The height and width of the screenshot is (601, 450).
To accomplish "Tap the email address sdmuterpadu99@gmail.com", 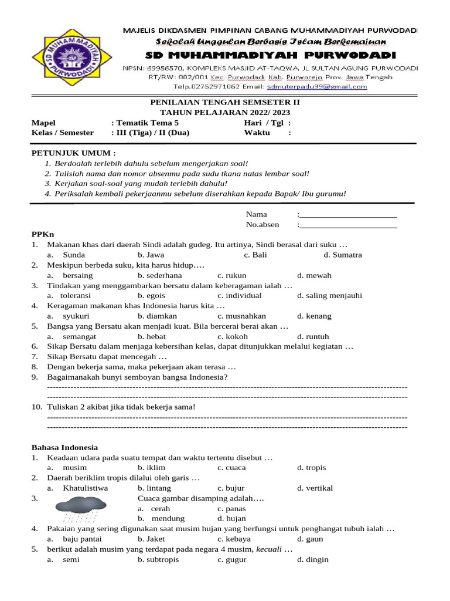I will pos(316,86).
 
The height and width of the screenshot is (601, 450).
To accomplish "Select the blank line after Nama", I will pos(348,214).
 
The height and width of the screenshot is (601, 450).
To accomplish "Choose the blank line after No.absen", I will pos(348,224).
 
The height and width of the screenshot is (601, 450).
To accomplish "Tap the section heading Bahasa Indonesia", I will pos(64,447).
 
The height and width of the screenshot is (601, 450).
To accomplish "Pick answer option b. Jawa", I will pos(151,255).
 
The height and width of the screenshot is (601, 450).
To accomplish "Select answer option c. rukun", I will pos(231,275).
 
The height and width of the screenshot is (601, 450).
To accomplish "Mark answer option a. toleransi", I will pos(69,296).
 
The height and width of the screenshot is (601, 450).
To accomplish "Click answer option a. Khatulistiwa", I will pos(78,488).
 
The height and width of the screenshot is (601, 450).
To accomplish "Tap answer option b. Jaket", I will pos(152,539).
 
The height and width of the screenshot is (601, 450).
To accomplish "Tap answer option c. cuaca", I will pos(231,468).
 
